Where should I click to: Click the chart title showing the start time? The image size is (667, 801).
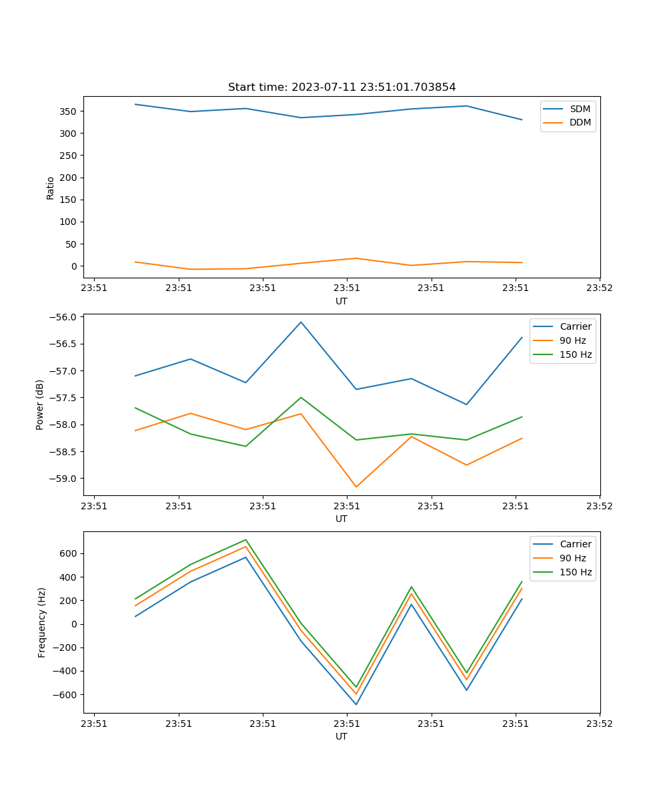click(x=342, y=87)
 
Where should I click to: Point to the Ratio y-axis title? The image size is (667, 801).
click(x=51, y=188)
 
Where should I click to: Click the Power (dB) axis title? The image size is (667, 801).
click(x=40, y=405)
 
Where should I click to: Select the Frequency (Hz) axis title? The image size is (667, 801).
click(x=42, y=622)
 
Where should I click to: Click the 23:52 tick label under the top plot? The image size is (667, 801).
click(x=600, y=288)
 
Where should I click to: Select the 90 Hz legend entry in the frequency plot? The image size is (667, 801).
click(x=572, y=558)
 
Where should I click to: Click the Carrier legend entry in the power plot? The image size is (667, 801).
click(x=575, y=326)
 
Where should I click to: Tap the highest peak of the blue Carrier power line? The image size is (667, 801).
click(x=301, y=322)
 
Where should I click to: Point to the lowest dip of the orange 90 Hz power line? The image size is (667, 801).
click(x=356, y=487)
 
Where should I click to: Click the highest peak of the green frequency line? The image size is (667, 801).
click(x=245, y=539)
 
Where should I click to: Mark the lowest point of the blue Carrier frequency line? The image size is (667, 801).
click(x=356, y=704)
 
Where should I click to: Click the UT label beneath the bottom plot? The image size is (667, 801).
click(x=342, y=736)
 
